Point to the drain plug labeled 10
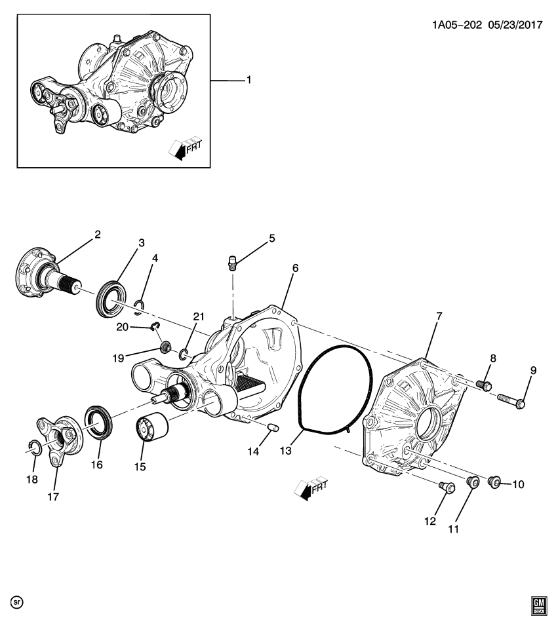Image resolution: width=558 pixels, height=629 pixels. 496,484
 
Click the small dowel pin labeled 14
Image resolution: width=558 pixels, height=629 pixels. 275,428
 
